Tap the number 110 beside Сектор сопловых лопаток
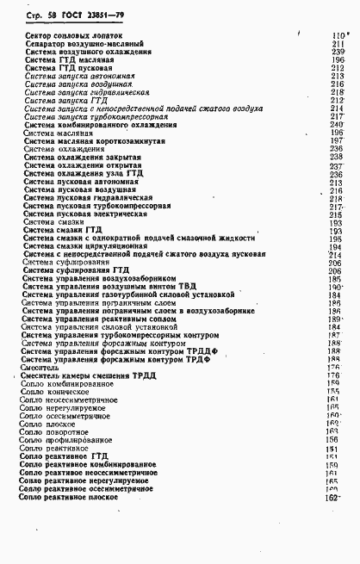337,35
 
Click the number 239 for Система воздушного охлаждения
337,52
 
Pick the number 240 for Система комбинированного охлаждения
337,125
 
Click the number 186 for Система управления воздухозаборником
336,280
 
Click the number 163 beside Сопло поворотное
336,432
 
